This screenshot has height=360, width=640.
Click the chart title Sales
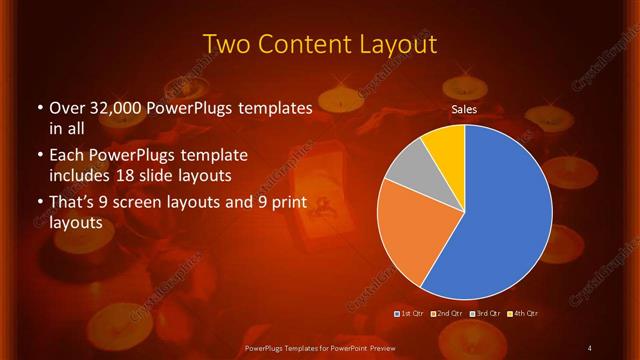463,109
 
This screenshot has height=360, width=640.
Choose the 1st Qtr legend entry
410,314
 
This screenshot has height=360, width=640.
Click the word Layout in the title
391,44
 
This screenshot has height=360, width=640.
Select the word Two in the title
228,44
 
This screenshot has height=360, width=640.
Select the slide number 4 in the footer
590,348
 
